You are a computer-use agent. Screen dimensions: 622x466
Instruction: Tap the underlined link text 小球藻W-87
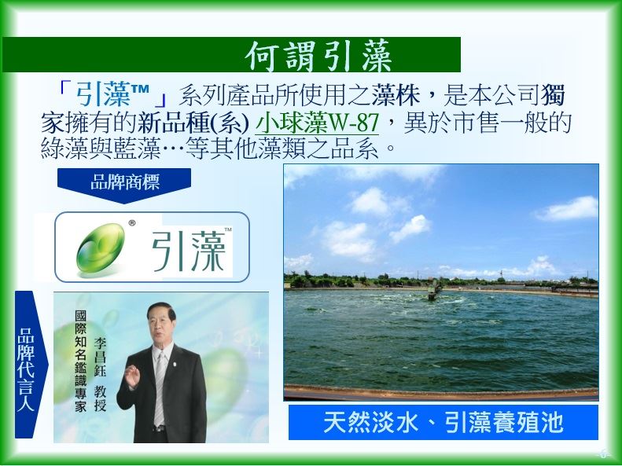point(317,123)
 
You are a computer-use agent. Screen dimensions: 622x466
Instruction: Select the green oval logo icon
point(101,248)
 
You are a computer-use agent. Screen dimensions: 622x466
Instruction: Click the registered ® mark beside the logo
point(132,223)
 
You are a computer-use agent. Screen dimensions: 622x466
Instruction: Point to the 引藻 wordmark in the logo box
point(189,251)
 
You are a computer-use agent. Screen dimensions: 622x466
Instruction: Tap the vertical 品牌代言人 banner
point(31,365)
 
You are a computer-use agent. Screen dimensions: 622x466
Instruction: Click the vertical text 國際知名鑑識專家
point(80,361)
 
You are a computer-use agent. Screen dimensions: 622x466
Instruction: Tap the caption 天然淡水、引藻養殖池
point(443,423)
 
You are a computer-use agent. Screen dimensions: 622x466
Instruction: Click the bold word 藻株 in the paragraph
point(396,95)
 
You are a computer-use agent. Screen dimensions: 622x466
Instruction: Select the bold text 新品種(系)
point(193,123)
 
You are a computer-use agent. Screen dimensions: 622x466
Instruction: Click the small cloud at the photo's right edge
point(568,208)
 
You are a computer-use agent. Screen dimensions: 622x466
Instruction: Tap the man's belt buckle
point(160,428)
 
